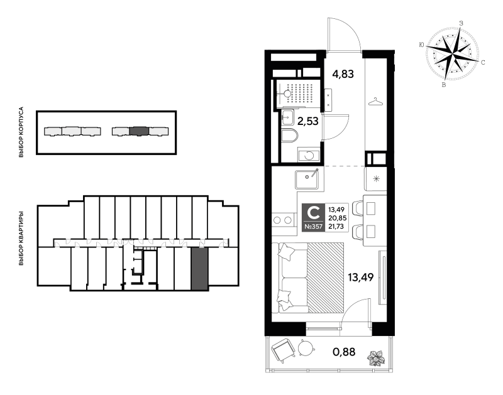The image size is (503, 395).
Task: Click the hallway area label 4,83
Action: pyautogui.click(x=343, y=74)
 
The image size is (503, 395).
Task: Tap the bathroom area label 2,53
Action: pyautogui.click(x=308, y=121)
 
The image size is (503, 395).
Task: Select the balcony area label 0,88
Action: pyautogui.click(x=344, y=352)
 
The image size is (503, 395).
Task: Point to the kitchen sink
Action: pyautogui.click(x=307, y=180)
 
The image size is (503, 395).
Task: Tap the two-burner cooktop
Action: pyautogui.click(x=283, y=220)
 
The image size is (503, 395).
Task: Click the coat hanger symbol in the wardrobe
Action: pyautogui.click(x=375, y=102)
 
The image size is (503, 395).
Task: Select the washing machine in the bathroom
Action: pyautogui.click(x=309, y=155)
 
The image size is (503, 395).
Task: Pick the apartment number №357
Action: pyautogui.click(x=313, y=227)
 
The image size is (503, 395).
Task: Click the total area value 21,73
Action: pyautogui.click(x=336, y=227)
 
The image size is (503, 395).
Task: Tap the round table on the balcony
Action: pyautogui.click(x=305, y=349)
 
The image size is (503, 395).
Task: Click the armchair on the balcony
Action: pyautogui.click(x=284, y=351)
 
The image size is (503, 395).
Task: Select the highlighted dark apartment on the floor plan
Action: pyautogui.click(x=199, y=269)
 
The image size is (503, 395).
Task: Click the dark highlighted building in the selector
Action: pyautogui.click(x=138, y=131)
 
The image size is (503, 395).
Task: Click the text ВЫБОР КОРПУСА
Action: pyautogui.click(x=21, y=132)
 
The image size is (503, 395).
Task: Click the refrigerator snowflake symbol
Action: pyautogui.click(x=376, y=179)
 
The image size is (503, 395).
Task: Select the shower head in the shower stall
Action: pyautogui.click(x=287, y=94)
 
